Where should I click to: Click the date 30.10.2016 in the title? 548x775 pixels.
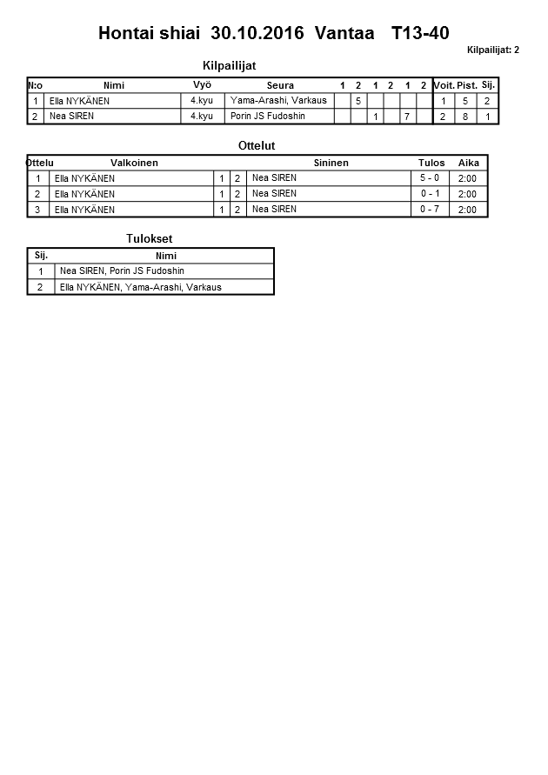(257, 34)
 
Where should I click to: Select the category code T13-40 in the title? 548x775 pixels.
(420, 34)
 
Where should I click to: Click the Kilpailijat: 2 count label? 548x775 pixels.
(492, 50)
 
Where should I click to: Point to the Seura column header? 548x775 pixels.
(280, 85)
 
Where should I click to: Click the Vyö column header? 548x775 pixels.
(202, 85)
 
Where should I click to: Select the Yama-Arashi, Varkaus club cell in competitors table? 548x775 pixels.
(278, 101)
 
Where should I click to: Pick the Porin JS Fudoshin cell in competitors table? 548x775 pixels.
(268, 116)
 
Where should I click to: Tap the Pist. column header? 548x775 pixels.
(467, 85)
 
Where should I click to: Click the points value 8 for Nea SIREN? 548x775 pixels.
(466, 116)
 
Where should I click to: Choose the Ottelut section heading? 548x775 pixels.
(257, 145)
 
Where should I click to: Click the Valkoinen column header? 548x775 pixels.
(134, 163)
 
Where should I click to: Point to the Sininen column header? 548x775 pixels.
(331, 163)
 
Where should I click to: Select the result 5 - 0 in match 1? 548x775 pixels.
(430, 178)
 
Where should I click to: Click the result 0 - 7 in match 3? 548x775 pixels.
(430, 210)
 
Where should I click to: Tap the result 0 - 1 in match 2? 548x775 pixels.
(430, 194)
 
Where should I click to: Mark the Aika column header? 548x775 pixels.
(469, 163)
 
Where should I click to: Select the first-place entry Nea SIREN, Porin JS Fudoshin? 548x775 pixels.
(122, 271)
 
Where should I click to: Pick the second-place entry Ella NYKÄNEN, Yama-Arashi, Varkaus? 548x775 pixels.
(140, 287)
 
